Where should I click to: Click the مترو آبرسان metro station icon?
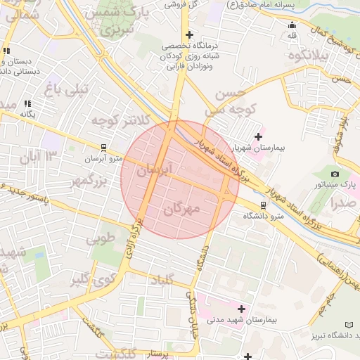point(104,148)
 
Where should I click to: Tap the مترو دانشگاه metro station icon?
point(263,205)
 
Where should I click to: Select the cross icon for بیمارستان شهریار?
point(258,136)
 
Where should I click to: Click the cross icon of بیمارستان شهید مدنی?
point(243,309)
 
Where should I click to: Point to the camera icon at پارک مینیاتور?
point(335,174)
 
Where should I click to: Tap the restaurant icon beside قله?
point(292,25)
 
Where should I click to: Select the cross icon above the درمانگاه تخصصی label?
point(188,34)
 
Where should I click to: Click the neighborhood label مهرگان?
point(181,209)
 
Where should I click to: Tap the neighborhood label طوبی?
point(100,238)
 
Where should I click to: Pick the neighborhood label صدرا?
point(344,203)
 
